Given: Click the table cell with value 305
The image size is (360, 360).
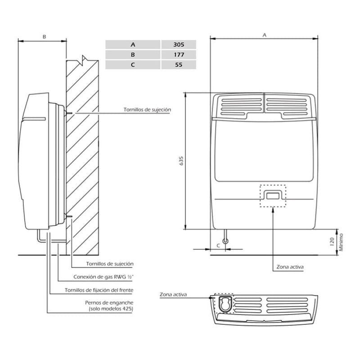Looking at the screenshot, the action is point(179,45).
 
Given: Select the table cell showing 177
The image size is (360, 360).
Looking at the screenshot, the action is point(179,54).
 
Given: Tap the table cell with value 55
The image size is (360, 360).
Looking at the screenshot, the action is point(179,65).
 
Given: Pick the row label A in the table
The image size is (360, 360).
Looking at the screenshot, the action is point(133,45).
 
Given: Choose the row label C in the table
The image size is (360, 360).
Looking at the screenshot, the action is point(133,65).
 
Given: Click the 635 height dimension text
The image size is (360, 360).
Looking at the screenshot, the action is point(181,161).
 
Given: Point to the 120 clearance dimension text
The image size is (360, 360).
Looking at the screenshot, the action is point(332,242).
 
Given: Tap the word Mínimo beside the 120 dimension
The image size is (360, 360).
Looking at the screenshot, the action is point(341,242).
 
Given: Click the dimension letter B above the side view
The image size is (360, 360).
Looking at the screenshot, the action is point(44,36).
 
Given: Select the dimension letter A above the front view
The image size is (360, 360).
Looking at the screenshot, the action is point(265,35).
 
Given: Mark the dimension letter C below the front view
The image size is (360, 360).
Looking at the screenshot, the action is point(218,245).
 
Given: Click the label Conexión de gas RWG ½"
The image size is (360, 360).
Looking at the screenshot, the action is point(103,277).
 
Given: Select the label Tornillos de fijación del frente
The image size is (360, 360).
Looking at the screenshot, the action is point(99,290).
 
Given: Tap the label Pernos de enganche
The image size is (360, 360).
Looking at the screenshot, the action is point(109,302).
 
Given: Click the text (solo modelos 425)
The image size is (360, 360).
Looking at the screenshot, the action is point(111,309).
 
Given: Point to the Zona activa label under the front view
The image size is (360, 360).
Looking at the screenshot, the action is point(290,267).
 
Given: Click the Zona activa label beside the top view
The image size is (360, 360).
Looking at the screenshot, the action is point(173,294).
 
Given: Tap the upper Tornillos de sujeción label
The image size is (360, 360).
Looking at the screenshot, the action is point(147,109).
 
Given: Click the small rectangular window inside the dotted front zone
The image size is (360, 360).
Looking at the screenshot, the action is point(273,196).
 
